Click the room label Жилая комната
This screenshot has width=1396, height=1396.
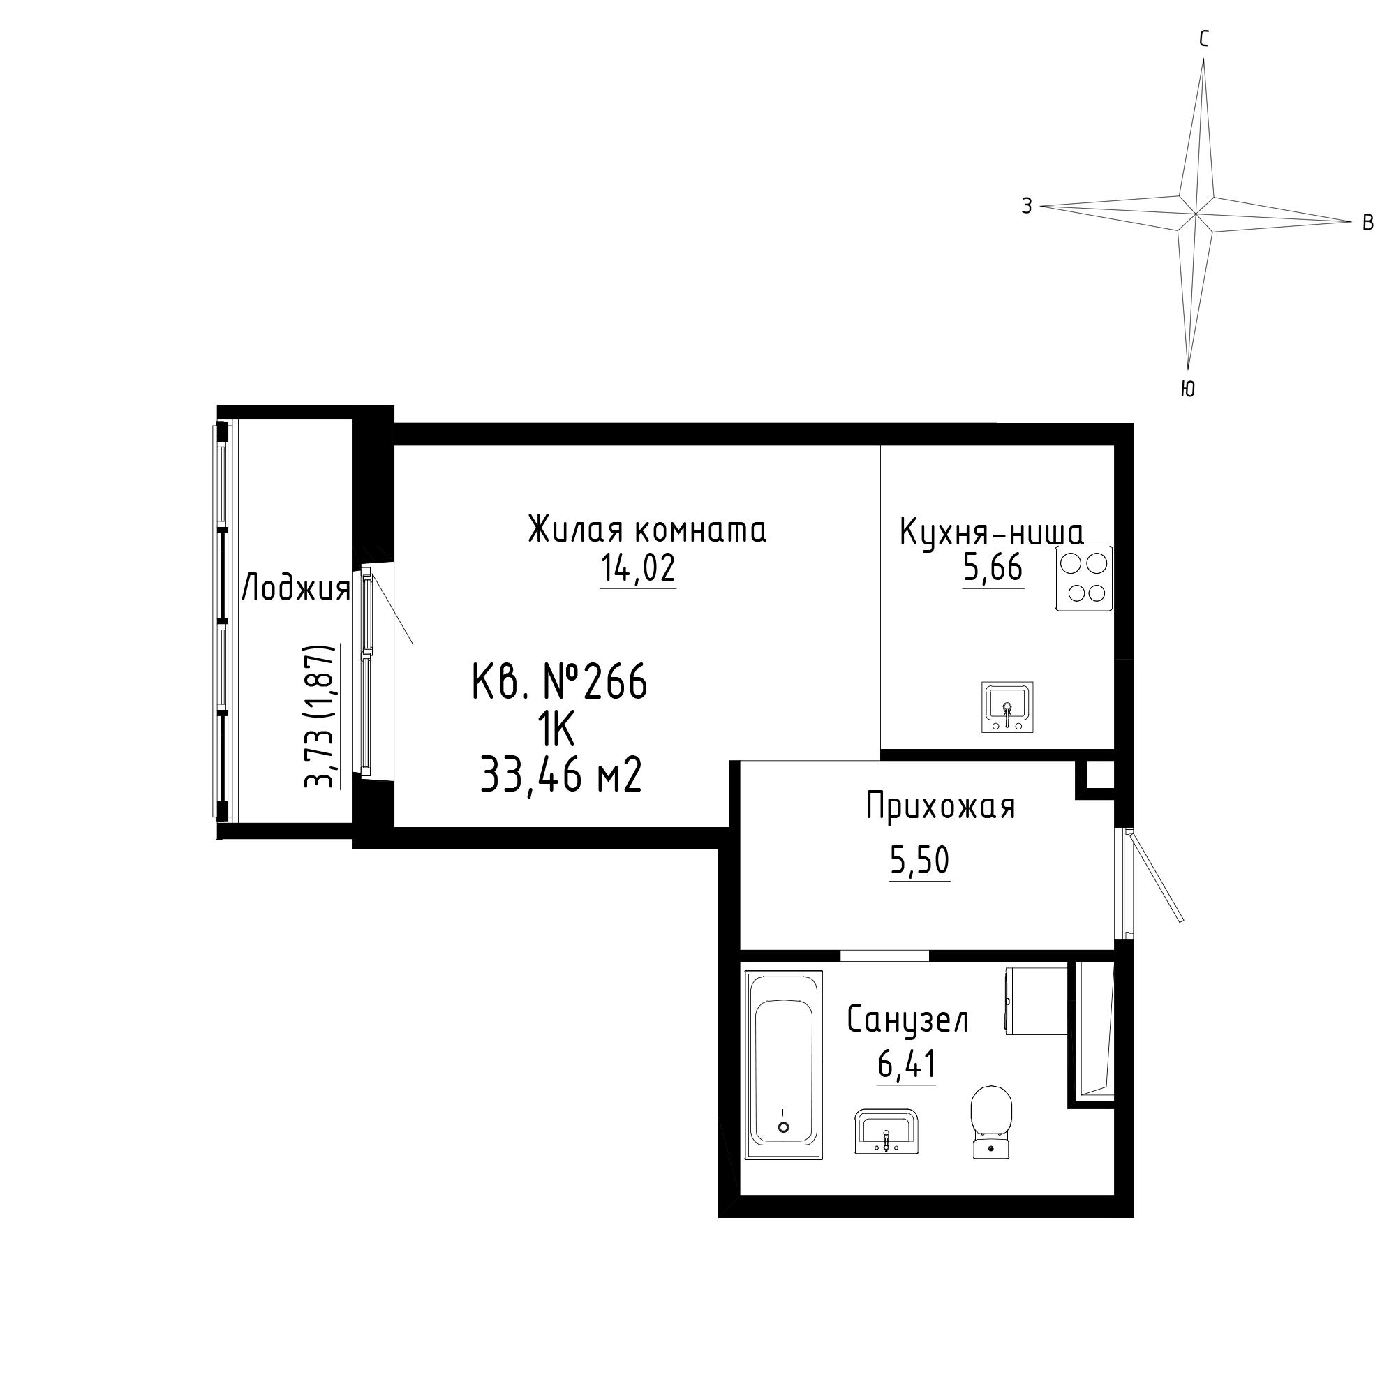[x=647, y=530]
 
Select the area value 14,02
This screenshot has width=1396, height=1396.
[x=638, y=568]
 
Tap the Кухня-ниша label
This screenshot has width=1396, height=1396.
[x=991, y=533]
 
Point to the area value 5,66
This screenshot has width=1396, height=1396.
[x=993, y=568]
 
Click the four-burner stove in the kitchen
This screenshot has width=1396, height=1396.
[x=1084, y=579]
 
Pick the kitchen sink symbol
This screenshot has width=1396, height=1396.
[x=1007, y=706]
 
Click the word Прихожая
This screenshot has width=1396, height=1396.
[x=941, y=807]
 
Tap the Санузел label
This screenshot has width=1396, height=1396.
[x=907, y=1020]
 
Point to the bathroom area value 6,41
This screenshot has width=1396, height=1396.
[x=907, y=1064]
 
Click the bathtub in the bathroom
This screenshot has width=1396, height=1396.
[x=784, y=1067]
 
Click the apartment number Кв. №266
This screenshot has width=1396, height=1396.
[x=559, y=681]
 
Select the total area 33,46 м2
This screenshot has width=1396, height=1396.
[x=561, y=777]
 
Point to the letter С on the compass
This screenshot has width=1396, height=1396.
[x=1204, y=40]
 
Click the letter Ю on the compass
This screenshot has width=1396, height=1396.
[x=1187, y=389]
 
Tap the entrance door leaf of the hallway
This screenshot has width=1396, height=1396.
[x=1152, y=875]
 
